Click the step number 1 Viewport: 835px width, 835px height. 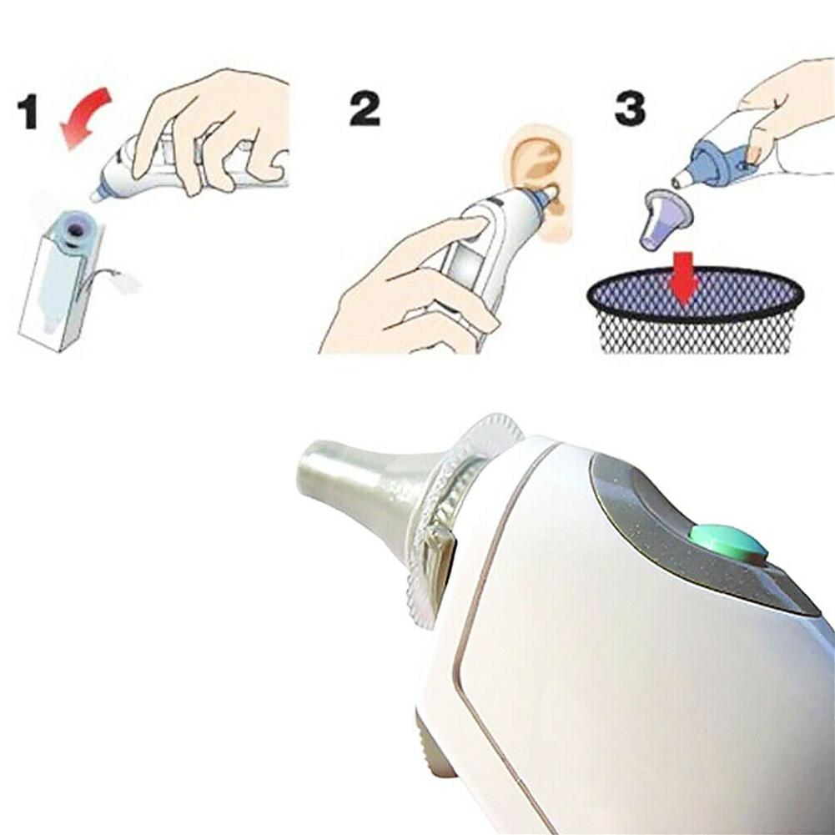click(28, 111)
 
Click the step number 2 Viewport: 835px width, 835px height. click(365, 108)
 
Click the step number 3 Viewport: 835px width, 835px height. click(630, 108)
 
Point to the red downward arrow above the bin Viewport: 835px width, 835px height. click(684, 277)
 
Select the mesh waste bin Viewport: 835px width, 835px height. click(695, 309)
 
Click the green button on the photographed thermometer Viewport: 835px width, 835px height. click(728, 543)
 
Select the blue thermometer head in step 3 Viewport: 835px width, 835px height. click(719, 160)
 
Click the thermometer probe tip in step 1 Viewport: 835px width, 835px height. click(97, 195)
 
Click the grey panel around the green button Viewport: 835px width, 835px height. click(703, 538)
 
